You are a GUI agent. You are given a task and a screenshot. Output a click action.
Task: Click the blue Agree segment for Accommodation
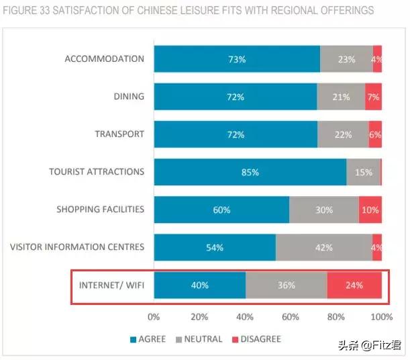(237, 59)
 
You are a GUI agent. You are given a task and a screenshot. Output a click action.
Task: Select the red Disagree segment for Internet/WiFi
(354, 285)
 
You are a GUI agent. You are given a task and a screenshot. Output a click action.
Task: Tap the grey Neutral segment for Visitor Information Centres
(324, 247)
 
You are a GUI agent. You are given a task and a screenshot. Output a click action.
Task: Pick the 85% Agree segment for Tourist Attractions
(250, 172)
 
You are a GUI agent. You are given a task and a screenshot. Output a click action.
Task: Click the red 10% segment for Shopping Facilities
(370, 210)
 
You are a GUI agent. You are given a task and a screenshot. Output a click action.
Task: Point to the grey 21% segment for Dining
(341, 97)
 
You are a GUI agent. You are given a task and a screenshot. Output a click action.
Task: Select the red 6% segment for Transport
(375, 134)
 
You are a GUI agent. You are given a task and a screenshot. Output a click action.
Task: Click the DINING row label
(129, 96)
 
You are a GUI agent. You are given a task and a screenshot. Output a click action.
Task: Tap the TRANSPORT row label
(119, 134)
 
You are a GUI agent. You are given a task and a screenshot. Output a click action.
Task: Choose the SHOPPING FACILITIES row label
(100, 209)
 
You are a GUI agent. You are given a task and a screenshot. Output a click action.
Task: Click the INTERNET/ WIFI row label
(111, 284)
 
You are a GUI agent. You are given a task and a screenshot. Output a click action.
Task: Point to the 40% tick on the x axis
(245, 316)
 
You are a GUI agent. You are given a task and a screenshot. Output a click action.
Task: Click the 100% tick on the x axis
(382, 316)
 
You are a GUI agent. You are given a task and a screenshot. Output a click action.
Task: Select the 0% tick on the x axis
(154, 316)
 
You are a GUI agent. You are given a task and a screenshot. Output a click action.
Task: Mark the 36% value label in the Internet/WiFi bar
(287, 285)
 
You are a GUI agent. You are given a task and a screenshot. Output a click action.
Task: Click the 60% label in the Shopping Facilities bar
(221, 210)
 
